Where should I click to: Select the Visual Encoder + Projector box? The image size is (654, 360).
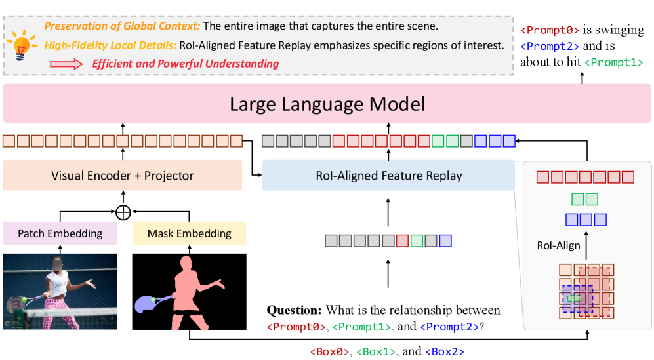(x=123, y=175)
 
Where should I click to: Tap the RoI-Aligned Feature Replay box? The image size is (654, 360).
(x=388, y=175)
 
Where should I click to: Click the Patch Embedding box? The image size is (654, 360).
(x=60, y=233)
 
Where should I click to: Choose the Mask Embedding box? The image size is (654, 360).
(x=189, y=233)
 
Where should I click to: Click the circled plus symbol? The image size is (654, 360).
(x=123, y=212)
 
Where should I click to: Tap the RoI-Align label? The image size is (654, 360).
(x=558, y=245)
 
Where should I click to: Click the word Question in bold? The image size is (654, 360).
(x=295, y=310)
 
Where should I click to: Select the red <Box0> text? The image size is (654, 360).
(x=329, y=351)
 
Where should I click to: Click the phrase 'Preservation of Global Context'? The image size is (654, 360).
(x=122, y=26)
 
